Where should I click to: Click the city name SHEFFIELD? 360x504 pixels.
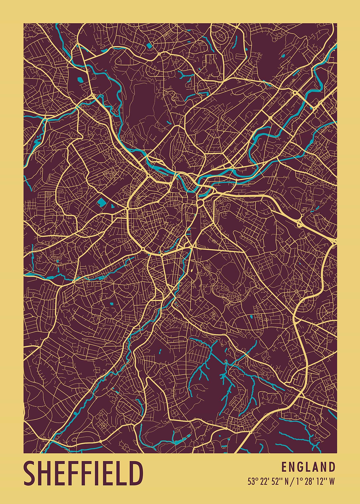[x=83, y=473]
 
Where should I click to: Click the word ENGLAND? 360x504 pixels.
[x=308, y=467]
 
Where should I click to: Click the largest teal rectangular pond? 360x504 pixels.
[x=102, y=202]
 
